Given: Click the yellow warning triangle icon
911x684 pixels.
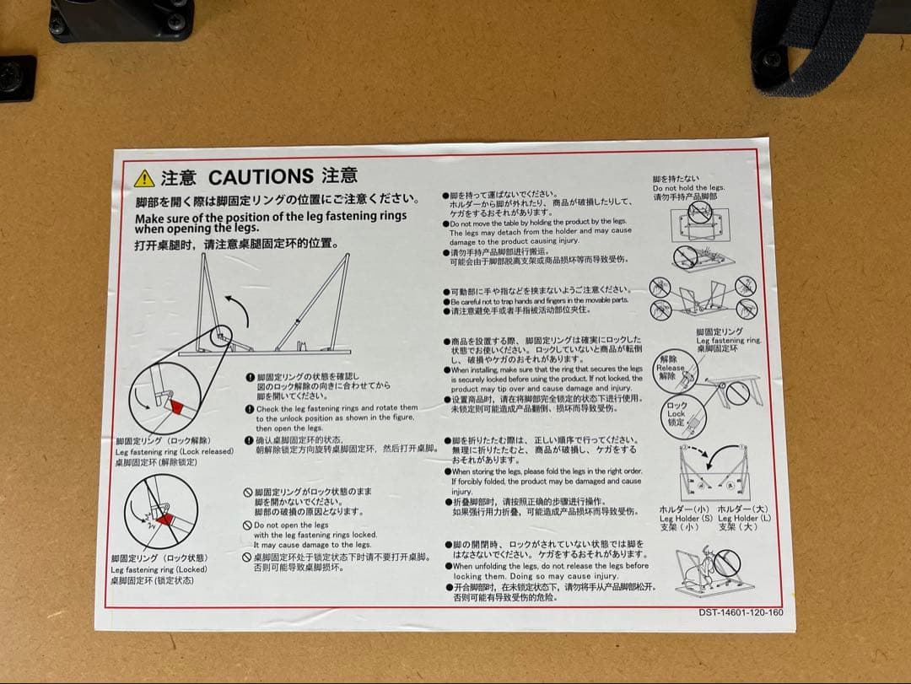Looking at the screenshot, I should (x=144, y=178).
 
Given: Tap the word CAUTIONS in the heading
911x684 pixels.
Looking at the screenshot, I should (x=261, y=177).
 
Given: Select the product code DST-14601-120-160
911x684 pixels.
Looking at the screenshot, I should (x=741, y=612).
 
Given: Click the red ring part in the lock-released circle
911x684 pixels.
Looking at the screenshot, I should (x=176, y=407).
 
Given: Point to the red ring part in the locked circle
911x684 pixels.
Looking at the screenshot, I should (x=165, y=519).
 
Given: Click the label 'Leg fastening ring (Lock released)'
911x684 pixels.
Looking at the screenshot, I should (x=175, y=451).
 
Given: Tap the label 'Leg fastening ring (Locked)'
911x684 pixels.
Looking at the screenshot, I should (x=159, y=569).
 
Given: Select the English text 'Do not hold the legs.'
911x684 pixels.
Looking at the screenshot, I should (x=688, y=188).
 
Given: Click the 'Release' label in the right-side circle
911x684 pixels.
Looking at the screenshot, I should (x=670, y=368).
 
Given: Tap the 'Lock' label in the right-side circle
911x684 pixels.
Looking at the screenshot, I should (x=677, y=414).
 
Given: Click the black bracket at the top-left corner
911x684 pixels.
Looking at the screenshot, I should (x=121, y=19).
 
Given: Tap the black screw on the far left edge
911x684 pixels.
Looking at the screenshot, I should (x=13, y=78).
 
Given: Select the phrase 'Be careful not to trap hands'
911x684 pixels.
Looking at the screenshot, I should (x=499, y=301).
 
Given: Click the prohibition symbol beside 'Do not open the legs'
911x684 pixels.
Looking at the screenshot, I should (x=248, y=525).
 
